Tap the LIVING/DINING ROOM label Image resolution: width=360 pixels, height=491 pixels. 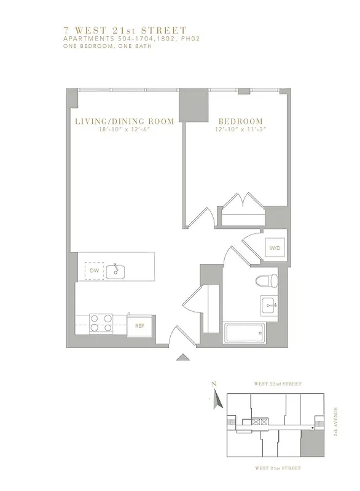[x=124, y=122]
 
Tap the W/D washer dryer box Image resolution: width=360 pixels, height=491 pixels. [x=273, y=249]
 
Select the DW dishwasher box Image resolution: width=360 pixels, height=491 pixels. [x=94, y=270]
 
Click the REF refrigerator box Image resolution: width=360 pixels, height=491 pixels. [x=139, y=326]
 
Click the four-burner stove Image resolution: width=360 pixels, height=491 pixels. [x=101, y=323]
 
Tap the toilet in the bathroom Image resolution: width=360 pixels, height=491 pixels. [x=267, y=281]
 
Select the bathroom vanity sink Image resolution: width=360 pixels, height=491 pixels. [x=269, y=304]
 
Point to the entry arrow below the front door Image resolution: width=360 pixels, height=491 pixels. [x=182, y=357]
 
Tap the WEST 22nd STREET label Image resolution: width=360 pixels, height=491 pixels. [x=278, y=384]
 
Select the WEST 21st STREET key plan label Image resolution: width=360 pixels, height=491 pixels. [x=278, y=468]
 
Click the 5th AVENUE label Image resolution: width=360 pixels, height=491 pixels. [x=336, y=421]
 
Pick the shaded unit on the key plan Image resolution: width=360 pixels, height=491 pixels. [x=311, y=443]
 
